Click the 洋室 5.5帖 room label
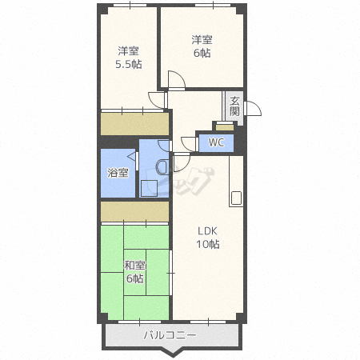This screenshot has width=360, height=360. pos(129,58)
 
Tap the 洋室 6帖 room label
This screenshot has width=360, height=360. pos(202,46)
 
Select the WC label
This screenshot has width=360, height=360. pos(216,142)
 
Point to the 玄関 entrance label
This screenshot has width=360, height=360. pos(234,106)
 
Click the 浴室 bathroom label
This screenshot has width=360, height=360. pos(118,173)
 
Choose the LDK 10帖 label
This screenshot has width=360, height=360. pos(208,238)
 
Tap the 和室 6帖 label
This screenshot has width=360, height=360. pos(135,272)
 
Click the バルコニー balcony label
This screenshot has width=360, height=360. pos(170,335)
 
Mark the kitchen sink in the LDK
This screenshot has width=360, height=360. pos(236,198)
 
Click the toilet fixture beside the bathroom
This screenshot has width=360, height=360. pos(162,167)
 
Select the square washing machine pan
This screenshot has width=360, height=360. pos(149,188)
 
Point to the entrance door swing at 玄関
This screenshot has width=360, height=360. pos(252,109)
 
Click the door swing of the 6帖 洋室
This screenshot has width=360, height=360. pos(177,79)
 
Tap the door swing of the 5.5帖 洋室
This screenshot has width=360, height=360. pos(156,100)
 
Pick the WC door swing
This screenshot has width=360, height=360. pos(188,144)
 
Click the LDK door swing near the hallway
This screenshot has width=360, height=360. pos(182,162)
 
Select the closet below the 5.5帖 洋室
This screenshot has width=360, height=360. pos(134,124)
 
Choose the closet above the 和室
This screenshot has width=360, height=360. pos(134,211)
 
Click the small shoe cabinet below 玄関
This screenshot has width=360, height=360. pos(225,127)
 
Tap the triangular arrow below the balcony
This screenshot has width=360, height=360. pos(173,353)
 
